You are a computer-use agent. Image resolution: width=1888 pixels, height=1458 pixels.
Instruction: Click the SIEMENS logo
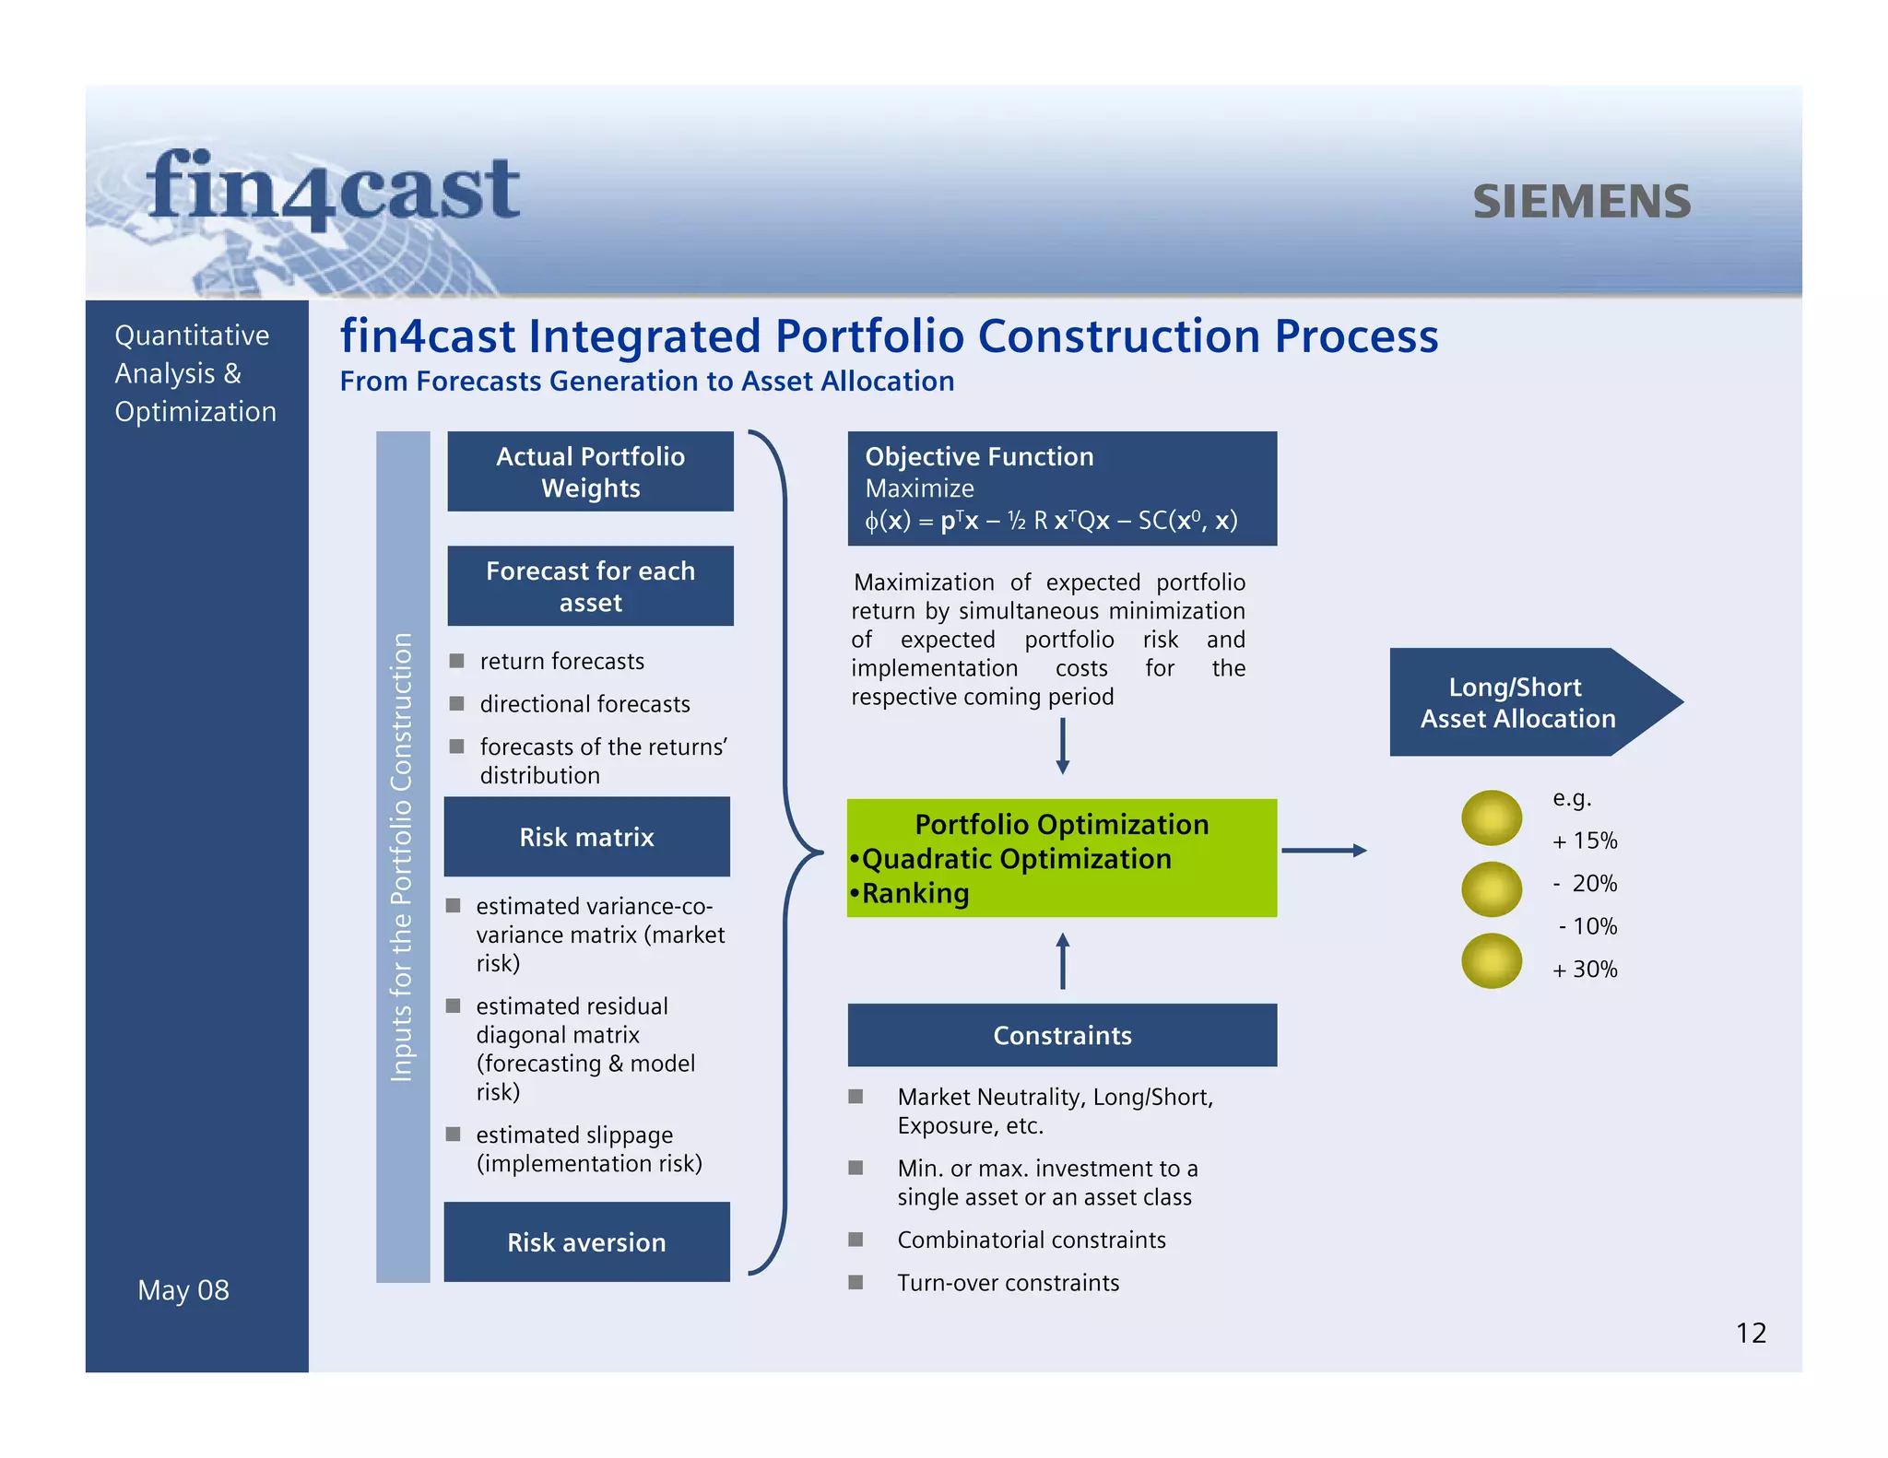1581,201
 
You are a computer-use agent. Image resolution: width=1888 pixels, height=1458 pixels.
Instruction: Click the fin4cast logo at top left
333,189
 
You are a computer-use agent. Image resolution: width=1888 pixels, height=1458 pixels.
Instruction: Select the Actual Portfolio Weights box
590,472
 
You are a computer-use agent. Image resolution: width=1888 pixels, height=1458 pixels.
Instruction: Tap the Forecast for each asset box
590,586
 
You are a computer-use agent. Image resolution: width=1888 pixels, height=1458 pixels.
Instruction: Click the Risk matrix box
586,837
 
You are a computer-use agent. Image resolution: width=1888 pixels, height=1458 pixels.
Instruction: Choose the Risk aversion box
586,1241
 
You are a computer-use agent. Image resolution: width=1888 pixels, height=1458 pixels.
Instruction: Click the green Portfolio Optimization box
1062,858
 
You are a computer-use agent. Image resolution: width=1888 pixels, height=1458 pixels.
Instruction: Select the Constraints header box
1062,1035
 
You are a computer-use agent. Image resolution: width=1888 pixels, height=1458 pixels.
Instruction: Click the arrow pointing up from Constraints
1062,961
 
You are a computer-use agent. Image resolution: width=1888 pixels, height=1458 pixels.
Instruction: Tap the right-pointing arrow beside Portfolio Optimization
1324,851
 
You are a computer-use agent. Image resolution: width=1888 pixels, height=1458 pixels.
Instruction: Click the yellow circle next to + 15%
1491,818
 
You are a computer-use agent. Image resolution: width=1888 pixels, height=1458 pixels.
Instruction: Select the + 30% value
1585,970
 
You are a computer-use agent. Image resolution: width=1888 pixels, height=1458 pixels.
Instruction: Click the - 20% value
1585,884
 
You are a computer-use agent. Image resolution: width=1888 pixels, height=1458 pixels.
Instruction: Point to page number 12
1751,1334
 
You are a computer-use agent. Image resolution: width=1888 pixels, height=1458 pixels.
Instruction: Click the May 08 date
183,1290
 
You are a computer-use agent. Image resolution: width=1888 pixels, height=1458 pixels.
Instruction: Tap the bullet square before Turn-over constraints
855,1282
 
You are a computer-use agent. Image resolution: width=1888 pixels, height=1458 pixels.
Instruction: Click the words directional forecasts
584,704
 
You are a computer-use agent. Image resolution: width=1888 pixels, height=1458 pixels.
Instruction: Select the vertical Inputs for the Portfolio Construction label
402,857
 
